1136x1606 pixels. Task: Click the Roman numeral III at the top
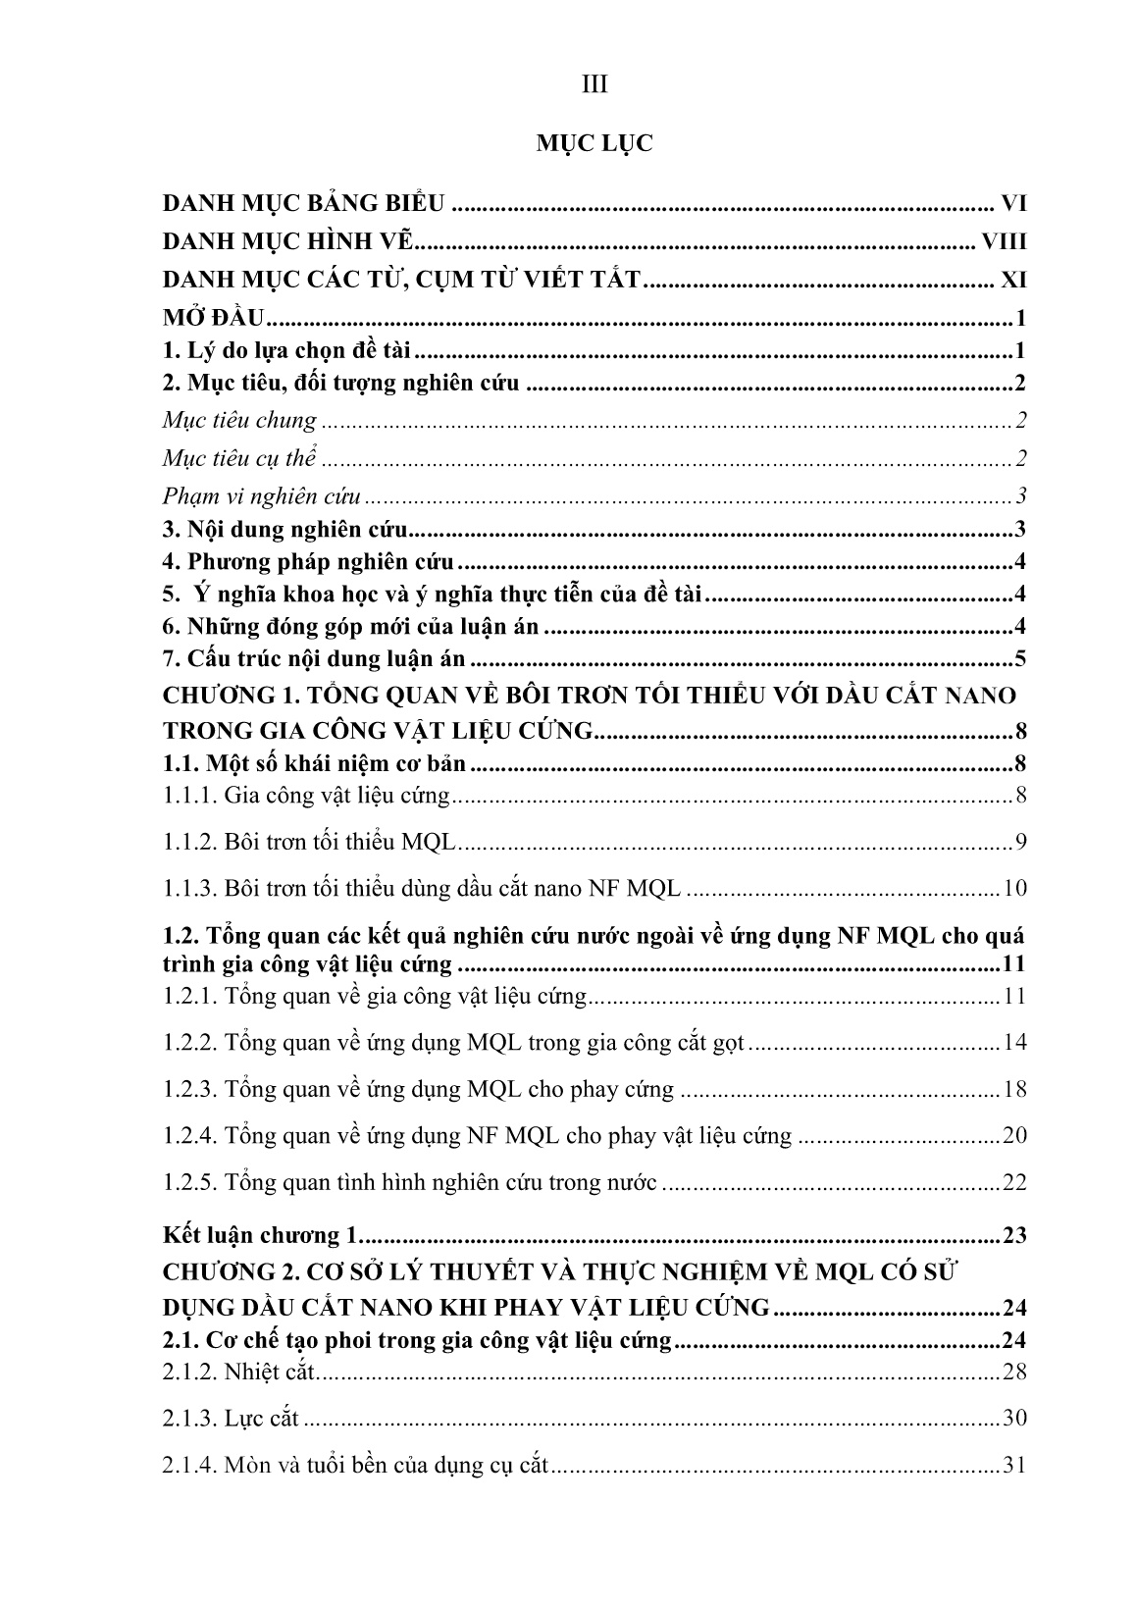594,85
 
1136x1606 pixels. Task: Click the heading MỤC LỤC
594,144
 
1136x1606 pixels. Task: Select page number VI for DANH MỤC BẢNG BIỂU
1013,204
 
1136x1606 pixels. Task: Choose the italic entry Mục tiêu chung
239,421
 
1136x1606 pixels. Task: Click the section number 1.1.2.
189,842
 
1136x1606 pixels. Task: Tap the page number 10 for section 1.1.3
1014,889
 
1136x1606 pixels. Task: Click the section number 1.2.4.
189,1135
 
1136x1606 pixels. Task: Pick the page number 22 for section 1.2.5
1014,1182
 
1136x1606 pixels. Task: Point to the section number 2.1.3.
189,1418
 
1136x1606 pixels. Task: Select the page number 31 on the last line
1014,1466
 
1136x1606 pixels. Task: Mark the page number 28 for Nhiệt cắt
1014,1371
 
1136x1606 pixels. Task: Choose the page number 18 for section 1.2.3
1014,1089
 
